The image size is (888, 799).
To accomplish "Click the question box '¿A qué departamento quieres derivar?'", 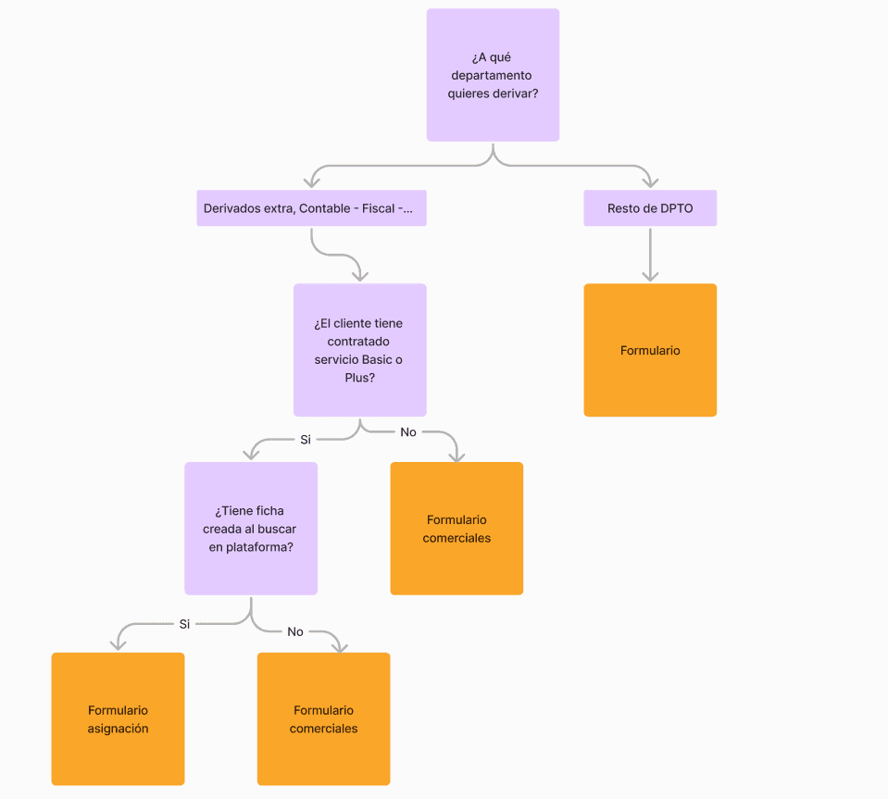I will [493, 75].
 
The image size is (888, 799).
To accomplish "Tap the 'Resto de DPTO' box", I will [650, 208].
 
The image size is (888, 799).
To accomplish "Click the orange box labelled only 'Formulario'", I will [650, 350].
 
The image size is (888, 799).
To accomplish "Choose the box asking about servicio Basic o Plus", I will [359, 350].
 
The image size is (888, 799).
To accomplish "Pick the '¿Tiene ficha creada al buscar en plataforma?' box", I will [251, 528].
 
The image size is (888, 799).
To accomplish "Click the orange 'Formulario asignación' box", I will [118, 718].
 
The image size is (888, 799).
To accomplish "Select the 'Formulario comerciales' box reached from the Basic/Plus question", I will [457, 528].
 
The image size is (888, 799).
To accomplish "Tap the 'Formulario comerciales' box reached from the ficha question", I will [323, 718].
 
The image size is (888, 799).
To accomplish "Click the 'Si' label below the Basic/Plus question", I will [306, 439].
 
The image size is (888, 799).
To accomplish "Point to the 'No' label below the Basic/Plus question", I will [408, 432].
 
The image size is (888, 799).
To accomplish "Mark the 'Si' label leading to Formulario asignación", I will [184, 624].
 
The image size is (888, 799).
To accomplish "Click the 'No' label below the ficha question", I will [295, 631].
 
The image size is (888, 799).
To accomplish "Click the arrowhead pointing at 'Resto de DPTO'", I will [650, 181].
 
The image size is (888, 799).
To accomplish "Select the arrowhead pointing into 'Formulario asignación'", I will [118, 643].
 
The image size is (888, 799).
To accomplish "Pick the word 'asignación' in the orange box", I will [118, 729].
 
